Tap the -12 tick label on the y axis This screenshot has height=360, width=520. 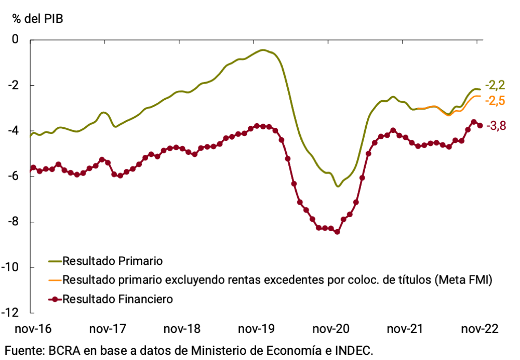18,313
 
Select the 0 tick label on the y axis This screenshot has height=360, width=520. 22,39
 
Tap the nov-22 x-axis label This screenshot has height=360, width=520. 479,329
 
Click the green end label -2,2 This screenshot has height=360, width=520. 495,85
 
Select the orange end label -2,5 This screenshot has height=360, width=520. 495,100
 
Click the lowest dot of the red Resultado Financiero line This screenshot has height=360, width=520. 337,232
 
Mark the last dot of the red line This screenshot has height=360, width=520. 480,125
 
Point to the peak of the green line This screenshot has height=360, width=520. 263,50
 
